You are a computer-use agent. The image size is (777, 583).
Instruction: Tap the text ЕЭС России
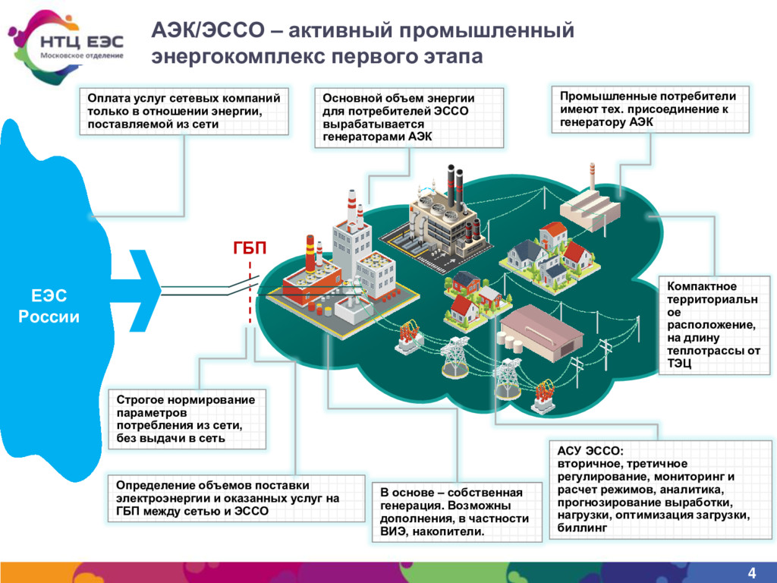[x=49, y=306]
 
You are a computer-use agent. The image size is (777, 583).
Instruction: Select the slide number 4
[x=752, y=572]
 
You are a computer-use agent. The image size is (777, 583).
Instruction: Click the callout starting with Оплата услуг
[x=184, y=112]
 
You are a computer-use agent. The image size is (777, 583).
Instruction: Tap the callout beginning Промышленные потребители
[x=648, y=109]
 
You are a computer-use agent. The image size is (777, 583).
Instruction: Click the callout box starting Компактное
[x=713, y=325]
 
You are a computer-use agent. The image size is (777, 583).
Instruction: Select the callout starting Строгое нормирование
[x=187, y=418]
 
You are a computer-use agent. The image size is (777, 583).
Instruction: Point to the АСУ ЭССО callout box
[x=652, y=490]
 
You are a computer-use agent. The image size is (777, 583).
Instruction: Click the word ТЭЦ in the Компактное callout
[x=679, y=364]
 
